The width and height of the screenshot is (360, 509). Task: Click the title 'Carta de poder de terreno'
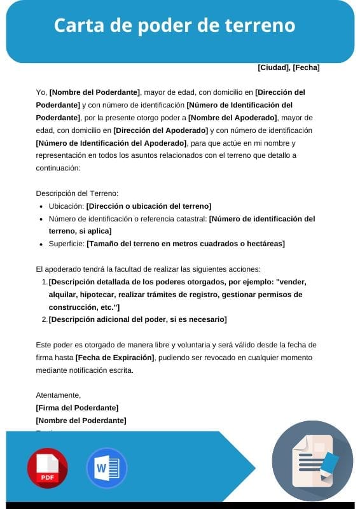pos(174,26)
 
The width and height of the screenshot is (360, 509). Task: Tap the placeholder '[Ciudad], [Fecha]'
pos(288,67)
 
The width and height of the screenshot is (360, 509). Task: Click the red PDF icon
pos(47,468)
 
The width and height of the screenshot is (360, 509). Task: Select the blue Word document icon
pos(107,468)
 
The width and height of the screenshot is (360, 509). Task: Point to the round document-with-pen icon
pos(312,461)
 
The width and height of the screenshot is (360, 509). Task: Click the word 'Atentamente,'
pos(59,395)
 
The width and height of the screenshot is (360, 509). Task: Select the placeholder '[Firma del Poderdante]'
pos(77,408)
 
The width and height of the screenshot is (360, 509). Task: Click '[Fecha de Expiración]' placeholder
pos(114,358)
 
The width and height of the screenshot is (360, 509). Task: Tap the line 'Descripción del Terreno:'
pos(77,193)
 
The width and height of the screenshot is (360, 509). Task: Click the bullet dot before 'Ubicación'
pos(41,207)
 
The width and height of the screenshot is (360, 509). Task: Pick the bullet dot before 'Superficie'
pos(41,244)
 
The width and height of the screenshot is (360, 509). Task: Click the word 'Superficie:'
pos(66,244)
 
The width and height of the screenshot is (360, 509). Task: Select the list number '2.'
pos(45,319)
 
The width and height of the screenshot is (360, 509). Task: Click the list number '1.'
pos(45,282)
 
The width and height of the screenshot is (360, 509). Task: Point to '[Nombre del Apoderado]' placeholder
pos(233,118)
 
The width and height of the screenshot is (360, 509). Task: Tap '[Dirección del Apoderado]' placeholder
pos(159,130)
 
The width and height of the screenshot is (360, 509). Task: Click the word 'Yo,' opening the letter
pos(41,92)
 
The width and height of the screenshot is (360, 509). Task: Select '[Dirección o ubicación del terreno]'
pos(149,206)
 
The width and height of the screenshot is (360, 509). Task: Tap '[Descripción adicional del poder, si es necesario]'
pos(137,319)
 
